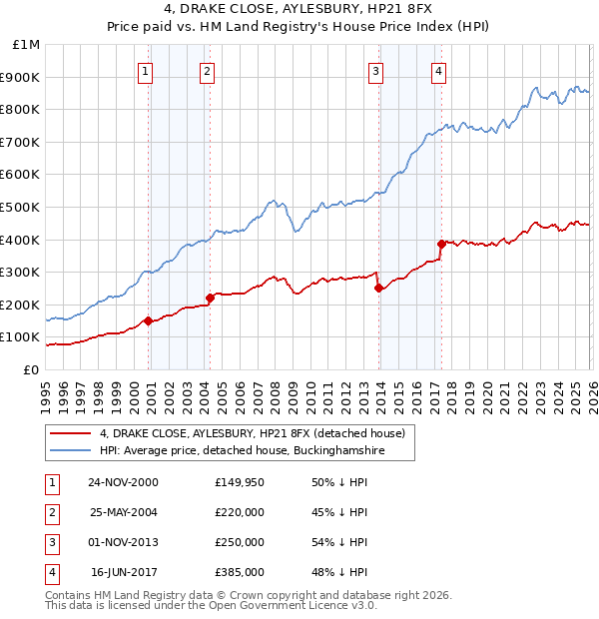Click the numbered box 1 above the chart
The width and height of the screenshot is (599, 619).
coord(147,71)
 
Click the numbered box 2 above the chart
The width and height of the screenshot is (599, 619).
coord(206,71)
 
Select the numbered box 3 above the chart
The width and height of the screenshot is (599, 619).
coord(376,71)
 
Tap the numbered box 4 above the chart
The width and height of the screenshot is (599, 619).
coord(439,71)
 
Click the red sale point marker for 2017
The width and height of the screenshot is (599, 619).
coord(441,244)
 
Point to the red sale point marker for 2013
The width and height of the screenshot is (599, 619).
coord(378,288)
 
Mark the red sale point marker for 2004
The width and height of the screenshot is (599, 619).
coord(210,298)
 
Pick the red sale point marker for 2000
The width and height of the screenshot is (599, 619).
coord(149,320)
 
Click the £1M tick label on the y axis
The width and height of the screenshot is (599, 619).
coord(27,45)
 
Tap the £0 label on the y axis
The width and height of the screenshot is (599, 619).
coord(31,369)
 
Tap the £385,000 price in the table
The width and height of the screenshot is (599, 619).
coord(240,572)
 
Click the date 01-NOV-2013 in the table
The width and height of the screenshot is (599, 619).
coord(123,542)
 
